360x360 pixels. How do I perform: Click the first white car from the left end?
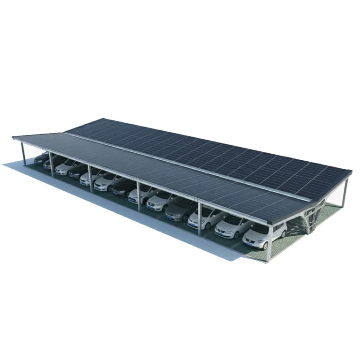pyautogui.click(x=66, y=166)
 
